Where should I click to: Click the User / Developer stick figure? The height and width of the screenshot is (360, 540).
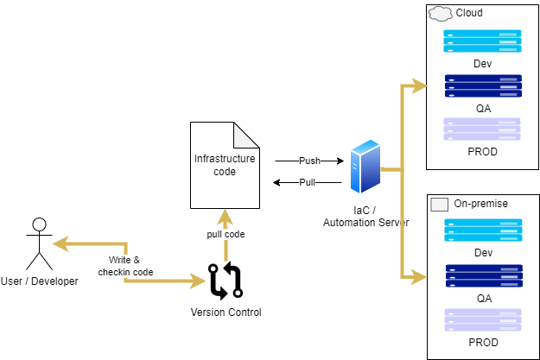[37, 244]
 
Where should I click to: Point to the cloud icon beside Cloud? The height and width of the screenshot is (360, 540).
[440, 13]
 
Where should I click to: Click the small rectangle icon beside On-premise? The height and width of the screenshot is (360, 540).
[439, 204]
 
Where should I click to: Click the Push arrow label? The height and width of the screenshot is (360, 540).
[308, 161]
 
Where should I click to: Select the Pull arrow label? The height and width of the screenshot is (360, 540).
[308, 182]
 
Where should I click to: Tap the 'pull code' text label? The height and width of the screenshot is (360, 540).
[225, 234]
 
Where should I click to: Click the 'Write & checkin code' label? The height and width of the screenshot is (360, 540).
[125, 266]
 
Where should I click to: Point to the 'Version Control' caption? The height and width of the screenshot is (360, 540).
[226, 312]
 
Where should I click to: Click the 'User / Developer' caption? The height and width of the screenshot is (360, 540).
[39, 281]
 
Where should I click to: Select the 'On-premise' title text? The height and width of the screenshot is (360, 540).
[480, 204]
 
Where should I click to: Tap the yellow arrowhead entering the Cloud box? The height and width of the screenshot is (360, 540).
[420, 85]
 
